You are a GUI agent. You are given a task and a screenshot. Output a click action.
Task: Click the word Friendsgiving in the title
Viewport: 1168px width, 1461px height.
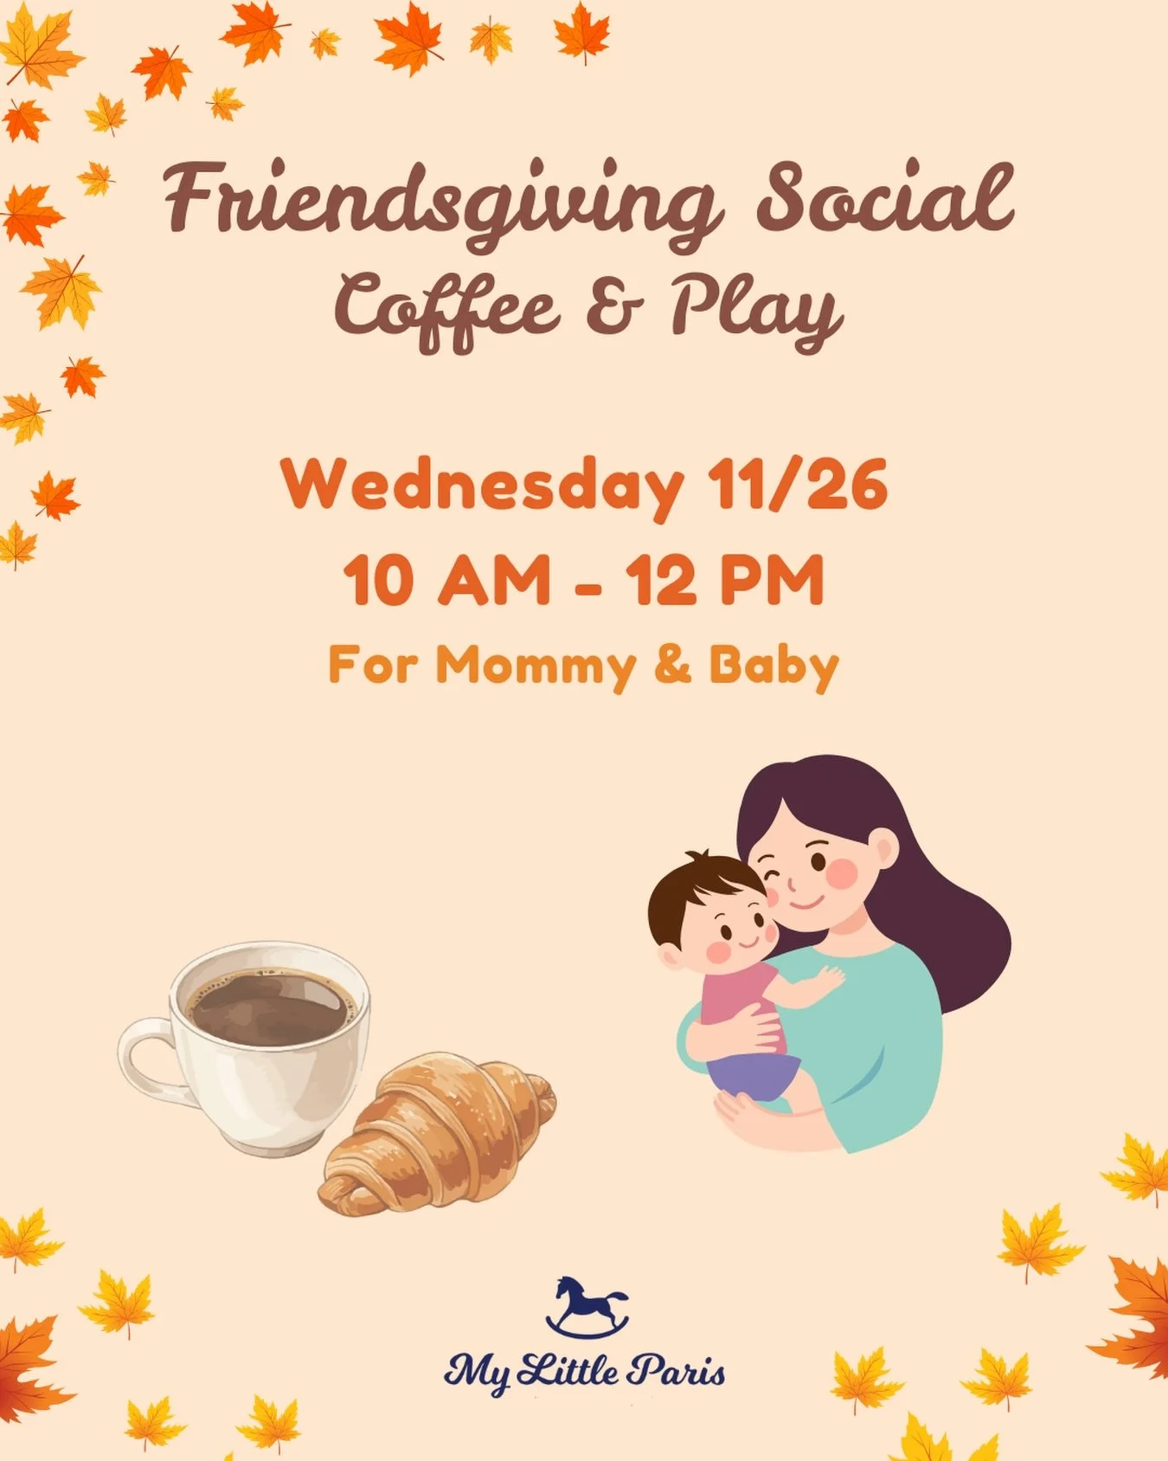tap(440, 201)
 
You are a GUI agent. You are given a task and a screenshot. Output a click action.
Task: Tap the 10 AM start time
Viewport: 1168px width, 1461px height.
tap(446, 580)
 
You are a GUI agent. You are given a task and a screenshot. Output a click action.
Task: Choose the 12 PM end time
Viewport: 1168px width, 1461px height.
tap(725, 580)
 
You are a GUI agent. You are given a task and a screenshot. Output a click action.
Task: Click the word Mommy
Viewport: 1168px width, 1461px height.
tap(536, 666)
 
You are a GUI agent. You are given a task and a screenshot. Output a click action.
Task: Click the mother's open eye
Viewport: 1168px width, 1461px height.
tap(818, 862)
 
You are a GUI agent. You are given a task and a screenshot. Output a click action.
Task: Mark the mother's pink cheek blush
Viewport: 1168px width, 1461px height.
tap(841, 873)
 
